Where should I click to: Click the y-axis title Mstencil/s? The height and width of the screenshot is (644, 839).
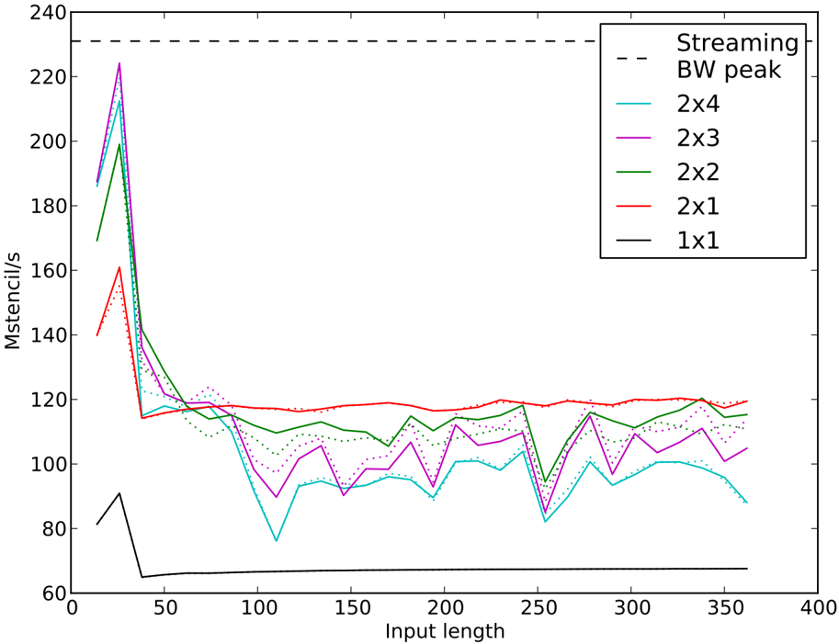tap(13, 303)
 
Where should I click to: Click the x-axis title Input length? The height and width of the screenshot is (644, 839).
tap(444, 631)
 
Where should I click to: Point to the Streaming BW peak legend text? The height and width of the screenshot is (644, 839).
tap(737, 56)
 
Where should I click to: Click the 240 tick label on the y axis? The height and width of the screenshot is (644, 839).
tap(43, 13)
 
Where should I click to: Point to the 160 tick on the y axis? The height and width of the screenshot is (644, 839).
tap(43, 271)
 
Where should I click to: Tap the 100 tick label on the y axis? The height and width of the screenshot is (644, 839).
tap(43, 465)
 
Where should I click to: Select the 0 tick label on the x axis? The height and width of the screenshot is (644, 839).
tap(72, 608)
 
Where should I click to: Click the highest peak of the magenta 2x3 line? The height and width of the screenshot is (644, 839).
tap(119, 63)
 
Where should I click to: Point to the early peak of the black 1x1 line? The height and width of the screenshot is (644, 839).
tap(119, 493)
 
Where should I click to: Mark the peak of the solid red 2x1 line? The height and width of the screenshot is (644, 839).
tap(119, 267)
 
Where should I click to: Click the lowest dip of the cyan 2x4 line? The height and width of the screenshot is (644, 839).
tap(277, 541)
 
